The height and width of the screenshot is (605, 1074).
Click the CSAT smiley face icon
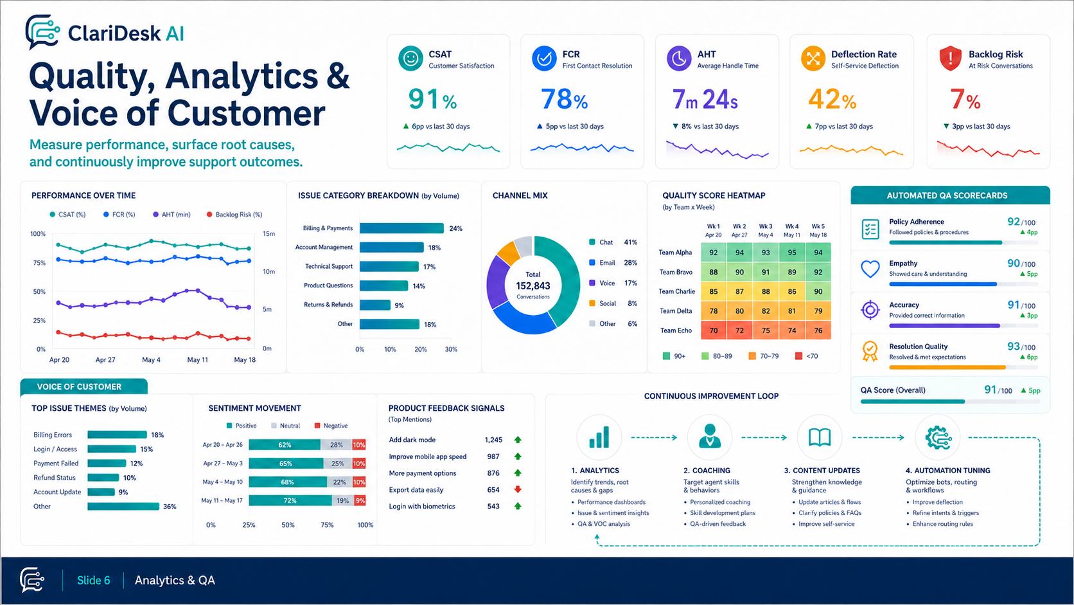410,59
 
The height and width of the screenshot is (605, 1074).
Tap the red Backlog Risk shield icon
950,59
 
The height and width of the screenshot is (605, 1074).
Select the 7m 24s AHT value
705,99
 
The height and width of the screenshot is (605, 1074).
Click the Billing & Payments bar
401,228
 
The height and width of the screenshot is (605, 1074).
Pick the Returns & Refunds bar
375,305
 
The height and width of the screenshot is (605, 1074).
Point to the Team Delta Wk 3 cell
766,311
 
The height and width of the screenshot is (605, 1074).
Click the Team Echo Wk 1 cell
714,330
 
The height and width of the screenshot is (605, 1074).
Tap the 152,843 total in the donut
533,286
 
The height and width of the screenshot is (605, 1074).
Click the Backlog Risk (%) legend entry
234,215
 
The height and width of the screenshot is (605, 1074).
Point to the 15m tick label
269,233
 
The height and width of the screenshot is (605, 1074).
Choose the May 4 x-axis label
151,360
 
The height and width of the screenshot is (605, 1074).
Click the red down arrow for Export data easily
518,489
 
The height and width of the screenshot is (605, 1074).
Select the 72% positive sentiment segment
290,500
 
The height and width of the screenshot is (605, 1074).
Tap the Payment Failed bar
107,464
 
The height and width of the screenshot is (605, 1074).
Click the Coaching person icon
710,436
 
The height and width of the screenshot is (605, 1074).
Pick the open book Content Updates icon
820,437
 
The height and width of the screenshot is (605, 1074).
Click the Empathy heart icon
870,269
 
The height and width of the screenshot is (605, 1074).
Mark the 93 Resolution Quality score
1014,347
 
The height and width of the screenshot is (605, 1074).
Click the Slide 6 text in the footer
94,581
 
